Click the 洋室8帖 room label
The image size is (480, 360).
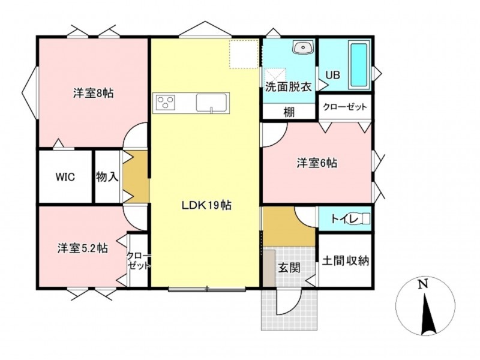[94, 93]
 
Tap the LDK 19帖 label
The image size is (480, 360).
[206, 205]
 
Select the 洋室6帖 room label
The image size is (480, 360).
[317, 163]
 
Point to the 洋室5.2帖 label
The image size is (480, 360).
[83, 248]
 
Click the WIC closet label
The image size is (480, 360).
[65, 177]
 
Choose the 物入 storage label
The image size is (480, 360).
[107, 176]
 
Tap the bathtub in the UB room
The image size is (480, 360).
[359, 65]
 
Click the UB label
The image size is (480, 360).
[332, 75]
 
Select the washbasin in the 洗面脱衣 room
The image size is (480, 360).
[304, 47]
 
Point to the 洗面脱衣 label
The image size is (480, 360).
[289, 87]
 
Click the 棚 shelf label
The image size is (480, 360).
[289, 112]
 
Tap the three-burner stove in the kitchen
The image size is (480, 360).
[166, 103]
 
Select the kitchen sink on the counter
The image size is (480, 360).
[211, 103]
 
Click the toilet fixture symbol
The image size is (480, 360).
[363, 219]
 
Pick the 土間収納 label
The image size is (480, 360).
[346, 261]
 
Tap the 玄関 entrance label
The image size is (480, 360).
[289, 268]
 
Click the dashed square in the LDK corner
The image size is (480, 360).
[244, 54]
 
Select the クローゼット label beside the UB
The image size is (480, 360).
[345, 107]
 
